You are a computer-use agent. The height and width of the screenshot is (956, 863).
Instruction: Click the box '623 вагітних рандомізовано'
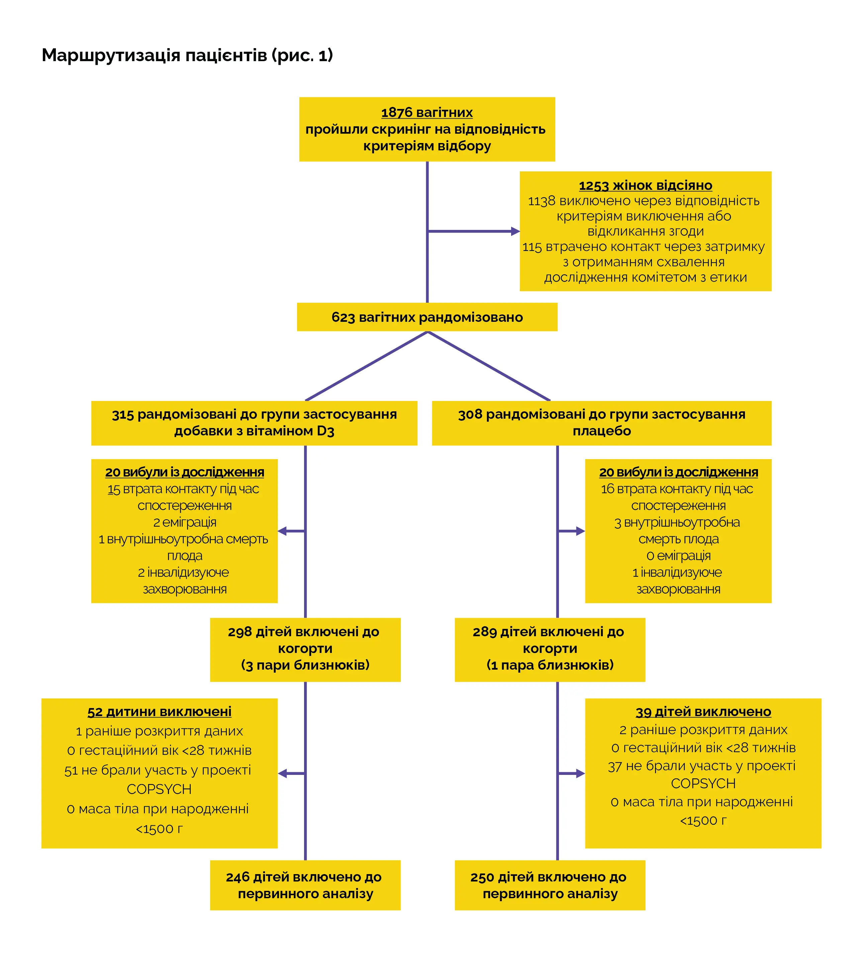(427, 317)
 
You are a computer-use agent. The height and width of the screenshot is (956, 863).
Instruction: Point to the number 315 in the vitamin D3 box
(123, 415)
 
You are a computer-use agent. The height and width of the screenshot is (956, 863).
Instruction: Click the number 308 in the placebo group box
(470, 415)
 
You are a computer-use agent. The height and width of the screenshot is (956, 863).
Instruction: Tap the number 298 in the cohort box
(239, 632)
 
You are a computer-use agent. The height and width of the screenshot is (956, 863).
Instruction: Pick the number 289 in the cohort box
(484, 632)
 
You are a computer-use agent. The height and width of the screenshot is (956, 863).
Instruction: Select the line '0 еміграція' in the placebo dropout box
(679, 555)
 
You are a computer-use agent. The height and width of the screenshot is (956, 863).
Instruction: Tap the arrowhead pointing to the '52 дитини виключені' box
(283, 774)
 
